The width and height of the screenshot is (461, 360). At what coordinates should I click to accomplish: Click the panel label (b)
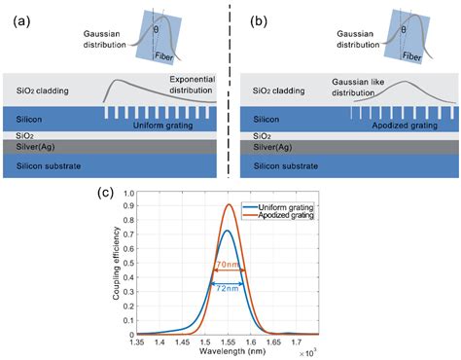click(x=254, y=13)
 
